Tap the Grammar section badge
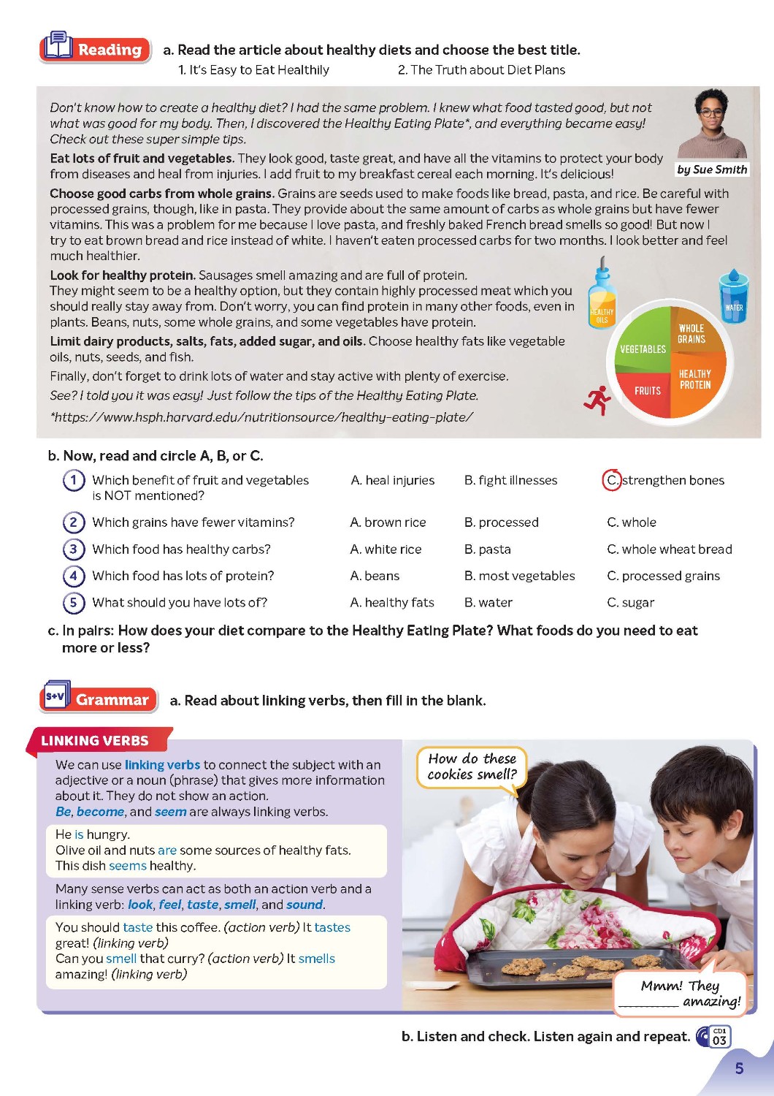99,699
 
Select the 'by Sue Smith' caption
712,170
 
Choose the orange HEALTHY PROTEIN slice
697,380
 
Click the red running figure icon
597,399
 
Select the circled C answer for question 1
612,480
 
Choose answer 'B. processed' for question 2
501,522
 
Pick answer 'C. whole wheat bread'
669,549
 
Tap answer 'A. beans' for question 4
375,576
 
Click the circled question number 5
73,602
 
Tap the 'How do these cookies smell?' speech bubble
472,766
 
